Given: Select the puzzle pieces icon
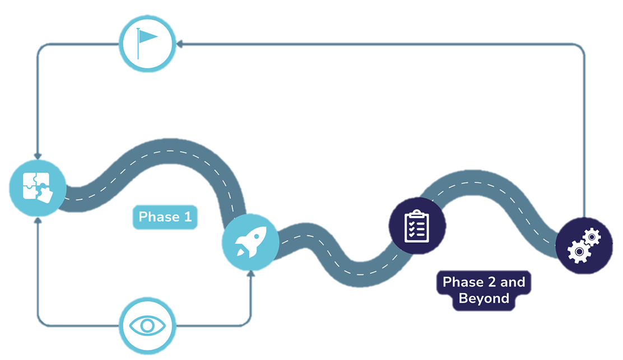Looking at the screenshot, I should pos(38,186).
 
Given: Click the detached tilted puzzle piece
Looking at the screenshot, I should pos(47,195).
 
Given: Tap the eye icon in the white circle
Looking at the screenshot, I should pos(147,325).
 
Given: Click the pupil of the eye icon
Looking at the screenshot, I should pos(147,325).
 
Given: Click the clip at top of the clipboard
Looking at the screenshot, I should pos(417,213).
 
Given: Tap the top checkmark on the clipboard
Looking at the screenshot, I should pos(412,222).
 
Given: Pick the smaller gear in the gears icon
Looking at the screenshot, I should pos(592,237).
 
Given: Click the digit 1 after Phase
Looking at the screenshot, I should pos(188,217).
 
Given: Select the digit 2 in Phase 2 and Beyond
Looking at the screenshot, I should pos(490,282).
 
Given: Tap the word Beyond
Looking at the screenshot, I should pos(484,298).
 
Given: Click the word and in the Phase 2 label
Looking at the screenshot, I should pos(513,282).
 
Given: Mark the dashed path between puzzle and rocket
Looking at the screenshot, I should pos(168,151).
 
